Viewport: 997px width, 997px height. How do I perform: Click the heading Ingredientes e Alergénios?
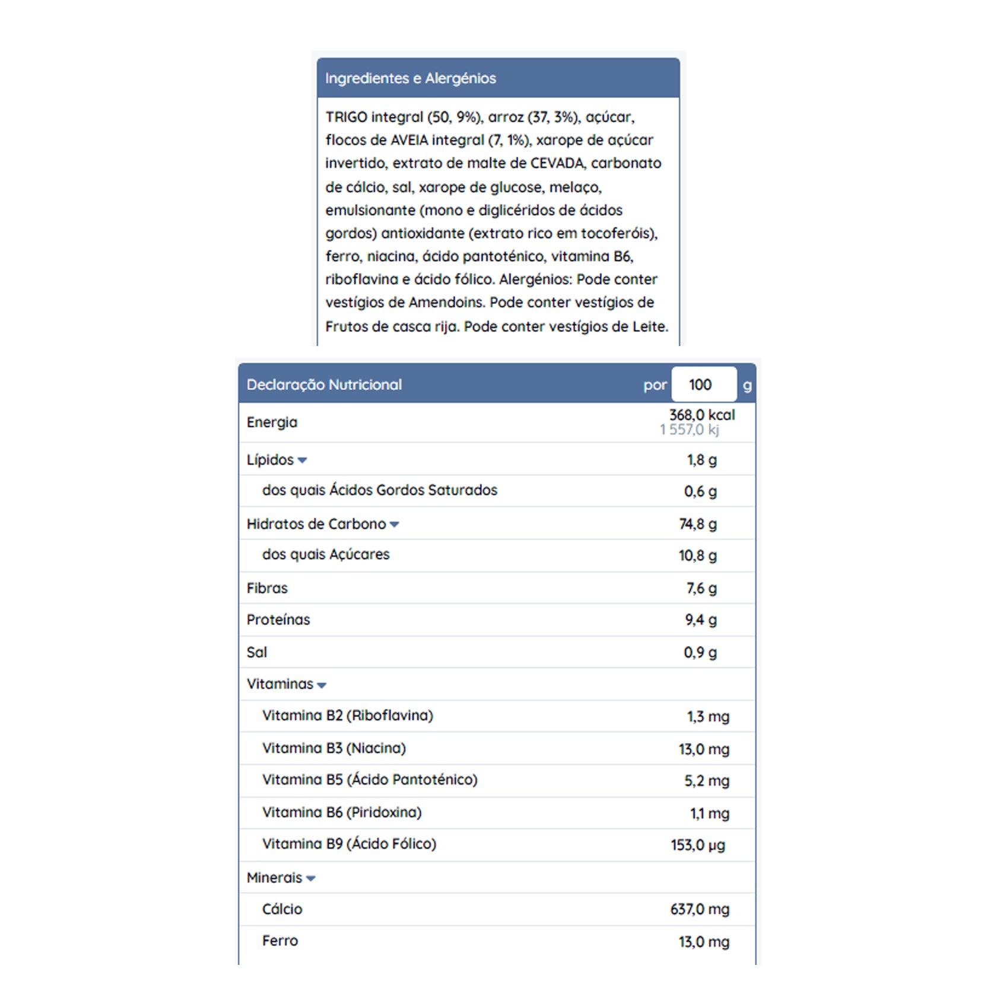point(410,78)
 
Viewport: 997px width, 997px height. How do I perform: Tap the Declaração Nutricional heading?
point(324,385)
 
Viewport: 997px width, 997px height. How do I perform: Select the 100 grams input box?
point(703,385)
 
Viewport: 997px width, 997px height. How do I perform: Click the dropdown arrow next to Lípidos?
point(302,461)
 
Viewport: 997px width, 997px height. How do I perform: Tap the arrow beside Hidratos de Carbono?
point(394,525)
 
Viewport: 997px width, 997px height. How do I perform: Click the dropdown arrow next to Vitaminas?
point(322,685)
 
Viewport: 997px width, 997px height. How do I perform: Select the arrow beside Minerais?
point(310,879)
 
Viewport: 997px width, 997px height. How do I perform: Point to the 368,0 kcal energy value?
point(702,415)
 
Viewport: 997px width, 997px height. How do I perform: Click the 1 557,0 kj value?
point(690,430)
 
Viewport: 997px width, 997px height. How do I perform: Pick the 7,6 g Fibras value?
point(701,588)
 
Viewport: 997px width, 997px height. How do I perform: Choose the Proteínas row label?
point(278,620)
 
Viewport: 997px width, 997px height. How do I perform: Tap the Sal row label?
point(257,652)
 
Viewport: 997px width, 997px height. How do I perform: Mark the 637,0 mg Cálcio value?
point(700,909)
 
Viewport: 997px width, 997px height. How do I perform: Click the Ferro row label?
point(280,941)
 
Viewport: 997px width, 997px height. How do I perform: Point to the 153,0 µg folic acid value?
point(698,845)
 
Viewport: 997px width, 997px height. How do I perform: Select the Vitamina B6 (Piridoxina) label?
point(342,812)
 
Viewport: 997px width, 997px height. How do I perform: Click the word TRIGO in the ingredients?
point(346,117)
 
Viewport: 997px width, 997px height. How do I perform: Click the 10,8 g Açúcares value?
point(698,555)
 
